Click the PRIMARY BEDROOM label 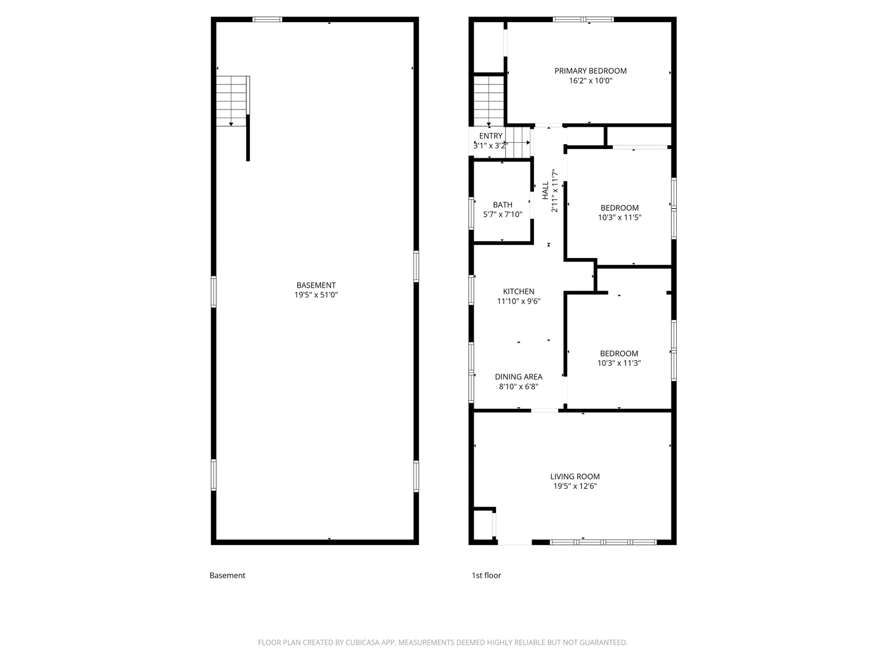click(590, 71)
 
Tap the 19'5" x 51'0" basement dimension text click(316, 295)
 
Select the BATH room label click(502, 205)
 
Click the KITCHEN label click(519, 292)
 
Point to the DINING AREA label click(519, 377)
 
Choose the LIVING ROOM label click(575, 477)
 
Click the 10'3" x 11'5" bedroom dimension click(620, 217)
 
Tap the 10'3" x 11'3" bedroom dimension click(619, 363)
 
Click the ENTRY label click(490, 136)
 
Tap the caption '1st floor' click(486, 576)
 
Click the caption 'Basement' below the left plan click(227, 576)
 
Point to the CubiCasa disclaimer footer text click(442, 643)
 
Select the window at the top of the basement click(268, 20)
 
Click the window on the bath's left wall click(472, 213)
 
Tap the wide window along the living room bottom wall click(603, 542)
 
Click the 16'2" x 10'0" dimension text click(590, 81)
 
